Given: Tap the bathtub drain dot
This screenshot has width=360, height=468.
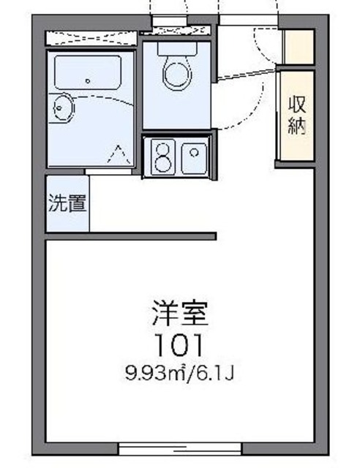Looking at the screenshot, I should tap(87, 81).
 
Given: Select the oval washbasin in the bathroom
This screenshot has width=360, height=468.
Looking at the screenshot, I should tap(61, 108).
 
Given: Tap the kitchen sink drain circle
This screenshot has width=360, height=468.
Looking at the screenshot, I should tap(195, 152).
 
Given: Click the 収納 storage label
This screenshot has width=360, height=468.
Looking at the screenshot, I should tap(296, 114).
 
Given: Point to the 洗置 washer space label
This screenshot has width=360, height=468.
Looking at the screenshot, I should tap(67, 203).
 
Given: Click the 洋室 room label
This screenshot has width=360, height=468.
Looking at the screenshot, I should tap(180, 314).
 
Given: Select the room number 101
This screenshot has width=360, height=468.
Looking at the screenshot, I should tap(179, 342).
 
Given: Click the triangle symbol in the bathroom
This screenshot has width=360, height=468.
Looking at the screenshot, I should tap(116, 154).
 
